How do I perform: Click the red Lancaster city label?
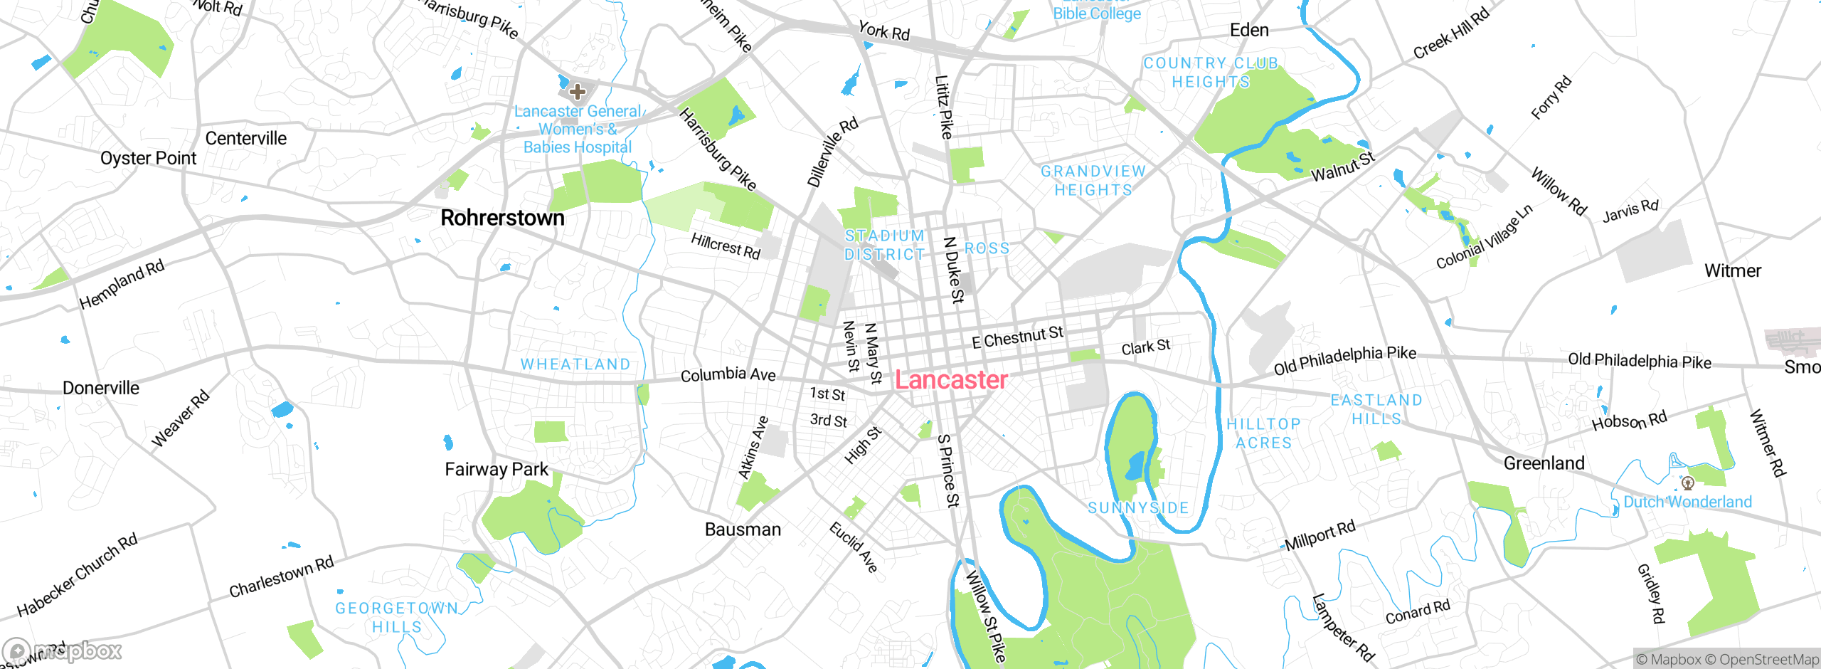pos(950,380)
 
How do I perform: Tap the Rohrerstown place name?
pos(502,218)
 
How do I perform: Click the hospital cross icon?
pos(578,91)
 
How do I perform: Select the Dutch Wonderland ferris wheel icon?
pos(1687,483)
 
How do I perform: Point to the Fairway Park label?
pos(497,470)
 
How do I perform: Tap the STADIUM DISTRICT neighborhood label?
pos(884,245)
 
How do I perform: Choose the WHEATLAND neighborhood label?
pos(575,364)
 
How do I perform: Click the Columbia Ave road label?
pos(728,374)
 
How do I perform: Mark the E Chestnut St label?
pos(1017,337)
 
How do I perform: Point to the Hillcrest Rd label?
pos(726,246)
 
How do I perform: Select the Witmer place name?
pos(1732,271)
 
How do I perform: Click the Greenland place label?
pos(1544,463)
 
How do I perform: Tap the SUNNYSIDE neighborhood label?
pos(1138,508)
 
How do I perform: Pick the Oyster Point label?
pos(148,158)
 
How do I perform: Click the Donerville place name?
pos(101,388)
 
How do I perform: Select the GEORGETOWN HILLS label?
pos(397,617)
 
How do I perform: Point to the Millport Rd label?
pos(1320,535)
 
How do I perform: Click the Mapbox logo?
pos(63,650)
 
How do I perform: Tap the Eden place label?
pos(1249,30)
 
